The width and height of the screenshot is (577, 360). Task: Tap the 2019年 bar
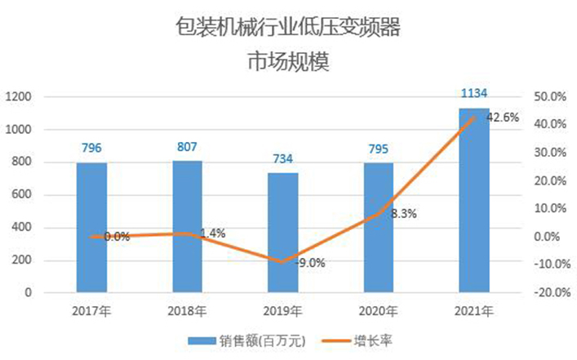282,232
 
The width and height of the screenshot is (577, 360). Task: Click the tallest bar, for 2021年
474,199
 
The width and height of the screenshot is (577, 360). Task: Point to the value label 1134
474,95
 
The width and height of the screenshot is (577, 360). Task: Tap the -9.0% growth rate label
309,263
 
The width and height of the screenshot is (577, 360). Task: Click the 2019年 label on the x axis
282,311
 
